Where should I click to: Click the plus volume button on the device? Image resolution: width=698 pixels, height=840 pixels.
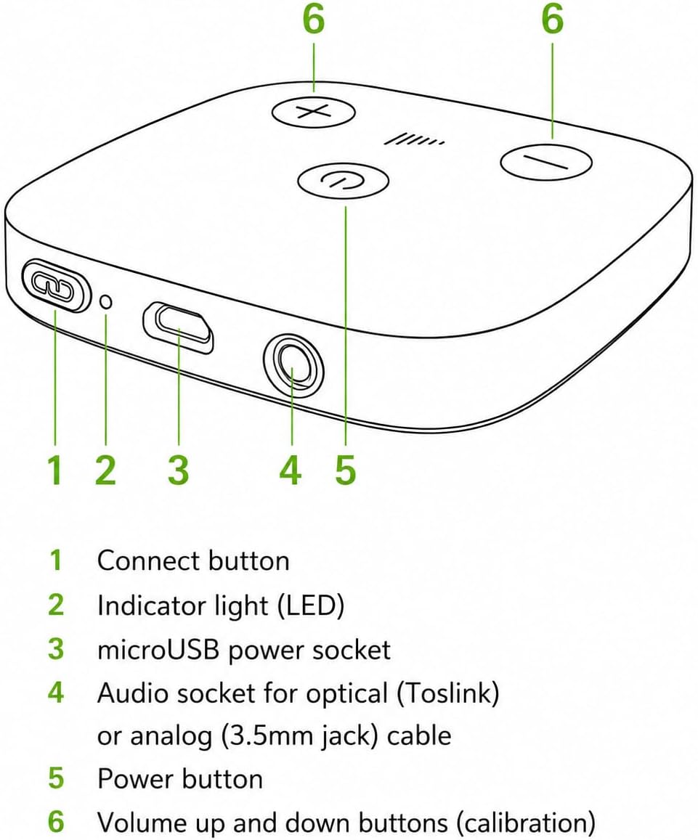[x=314, y=113]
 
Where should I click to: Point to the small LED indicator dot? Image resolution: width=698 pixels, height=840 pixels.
[x=107, y=301]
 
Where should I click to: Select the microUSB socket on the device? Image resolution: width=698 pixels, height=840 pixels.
[x=178, y=327]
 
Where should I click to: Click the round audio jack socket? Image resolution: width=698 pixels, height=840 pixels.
[x=294, y=366]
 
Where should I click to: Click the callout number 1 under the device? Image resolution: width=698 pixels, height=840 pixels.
[x=55, y=470]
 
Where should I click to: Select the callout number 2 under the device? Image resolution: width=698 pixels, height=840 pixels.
[x=105, y=470]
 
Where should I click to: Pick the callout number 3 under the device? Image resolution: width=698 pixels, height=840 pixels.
[x=179, y=470]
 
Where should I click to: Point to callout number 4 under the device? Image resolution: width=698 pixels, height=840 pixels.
[x=291, y=470]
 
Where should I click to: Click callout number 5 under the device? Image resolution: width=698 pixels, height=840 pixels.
[x=346, y=470]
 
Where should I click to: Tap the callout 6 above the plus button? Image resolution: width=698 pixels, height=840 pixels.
[x=314, y=20]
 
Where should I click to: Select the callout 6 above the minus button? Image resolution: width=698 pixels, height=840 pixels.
[x=552, y=20]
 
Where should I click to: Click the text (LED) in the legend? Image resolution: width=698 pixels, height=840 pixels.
[x=310, y=605]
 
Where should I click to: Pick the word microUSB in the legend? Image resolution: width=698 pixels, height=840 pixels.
[x=158, y=649]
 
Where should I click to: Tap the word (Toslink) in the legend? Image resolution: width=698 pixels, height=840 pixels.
[x=448, y=693]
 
